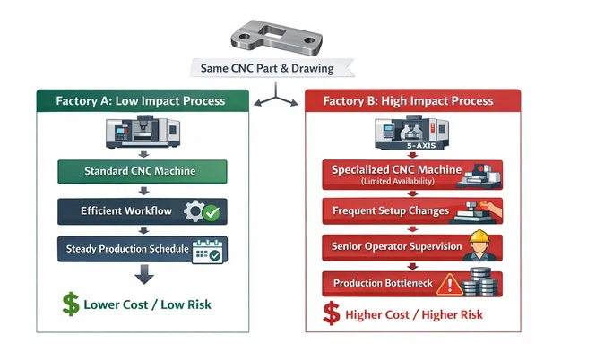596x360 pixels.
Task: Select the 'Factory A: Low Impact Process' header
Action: pyautogui.click(x=142, y=100)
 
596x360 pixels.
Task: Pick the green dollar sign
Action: pyautogui.click(x=70, y=304)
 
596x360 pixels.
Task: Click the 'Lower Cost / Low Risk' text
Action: pyautogui.click(x=147, y=305)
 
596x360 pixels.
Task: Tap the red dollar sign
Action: pyautogui.click(x=331, y=314)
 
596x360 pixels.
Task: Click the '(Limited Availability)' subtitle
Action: pyautogui.click(x=396, y=182)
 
